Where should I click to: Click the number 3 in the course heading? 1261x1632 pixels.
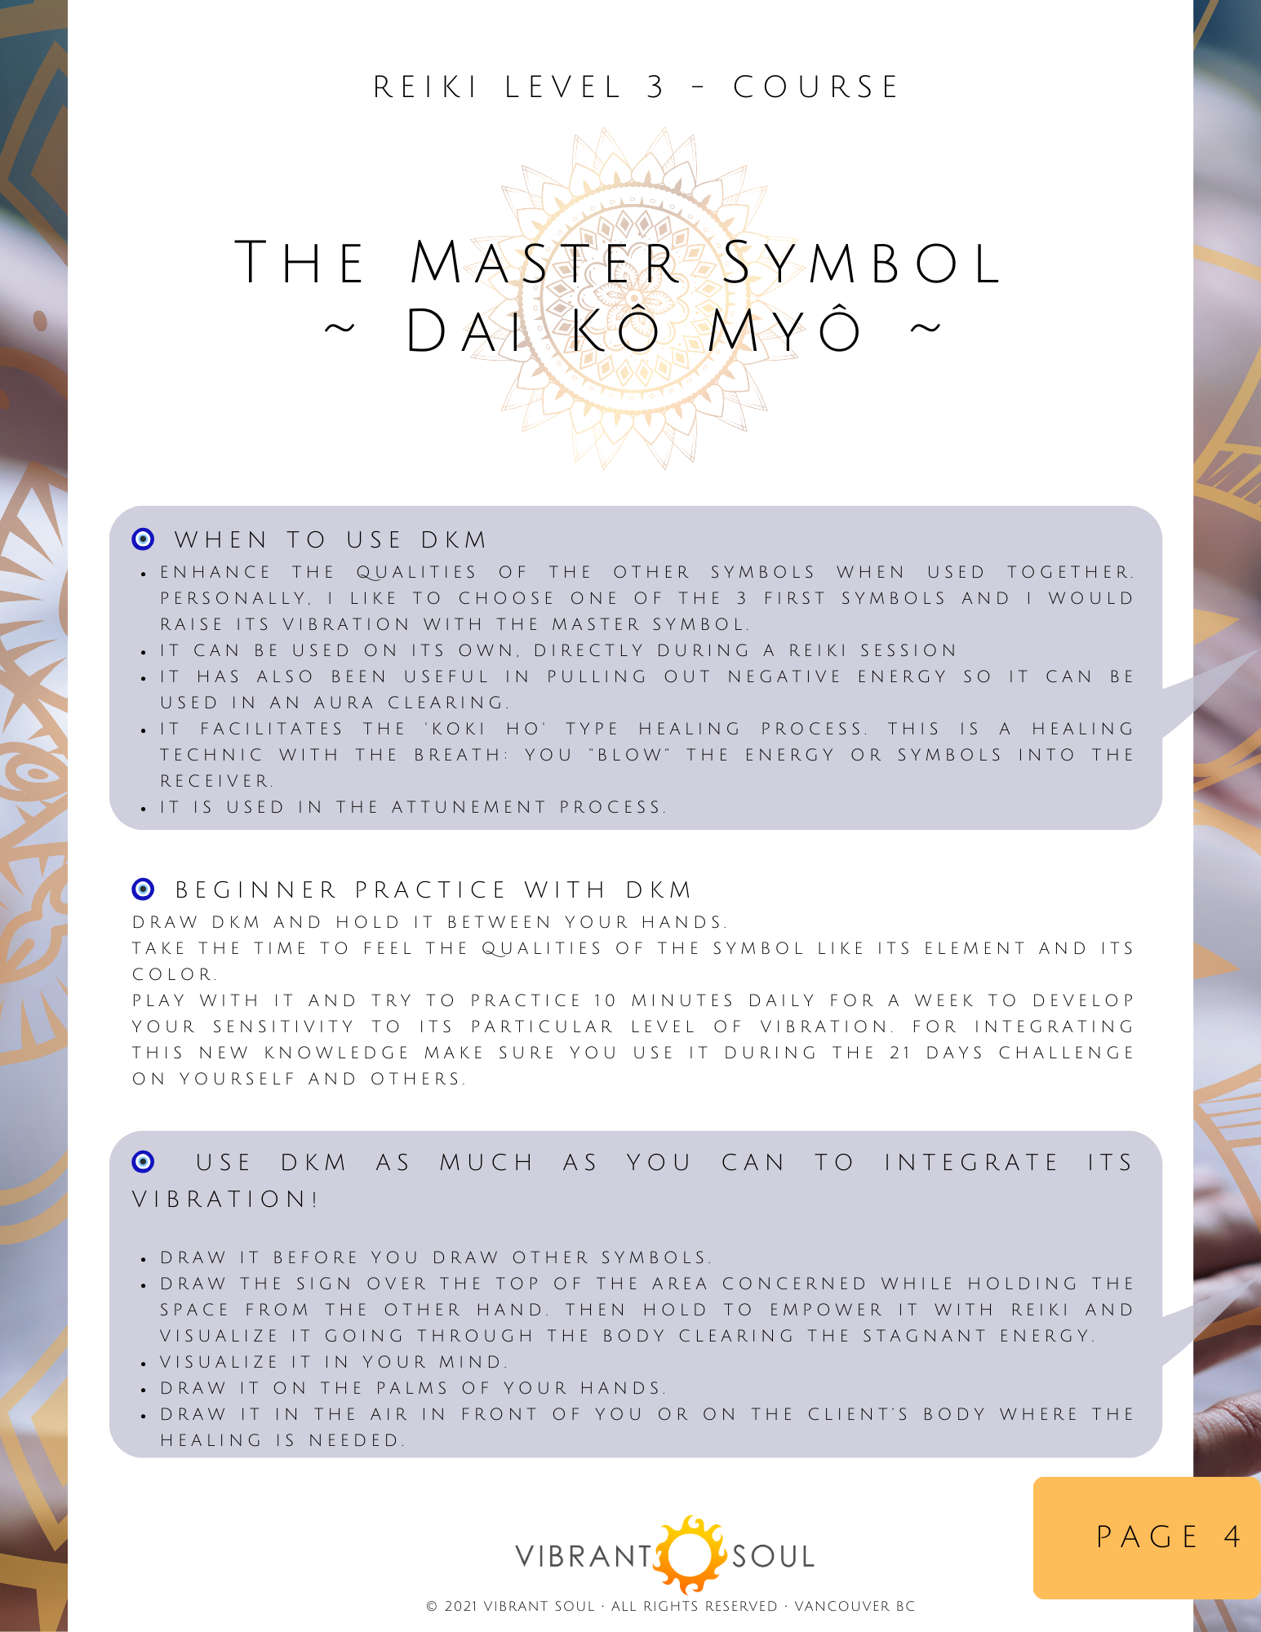655,87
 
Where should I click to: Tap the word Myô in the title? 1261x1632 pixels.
784,331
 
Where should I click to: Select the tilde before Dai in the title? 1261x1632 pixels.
340,330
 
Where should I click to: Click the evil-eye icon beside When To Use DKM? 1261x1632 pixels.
143,539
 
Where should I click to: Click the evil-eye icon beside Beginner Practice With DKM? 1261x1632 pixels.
143,889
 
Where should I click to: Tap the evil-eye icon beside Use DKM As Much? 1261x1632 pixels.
143,1161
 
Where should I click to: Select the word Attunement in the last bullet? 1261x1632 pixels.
468,807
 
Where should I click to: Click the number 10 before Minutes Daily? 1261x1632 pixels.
605,1000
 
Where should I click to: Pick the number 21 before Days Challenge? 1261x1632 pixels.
900,1053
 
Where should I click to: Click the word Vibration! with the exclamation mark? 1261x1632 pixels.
225,1200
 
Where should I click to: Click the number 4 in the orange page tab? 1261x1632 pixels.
1232,1537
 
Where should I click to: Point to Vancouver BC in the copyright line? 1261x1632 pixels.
855,1606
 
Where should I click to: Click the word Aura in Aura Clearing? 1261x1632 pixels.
343,703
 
